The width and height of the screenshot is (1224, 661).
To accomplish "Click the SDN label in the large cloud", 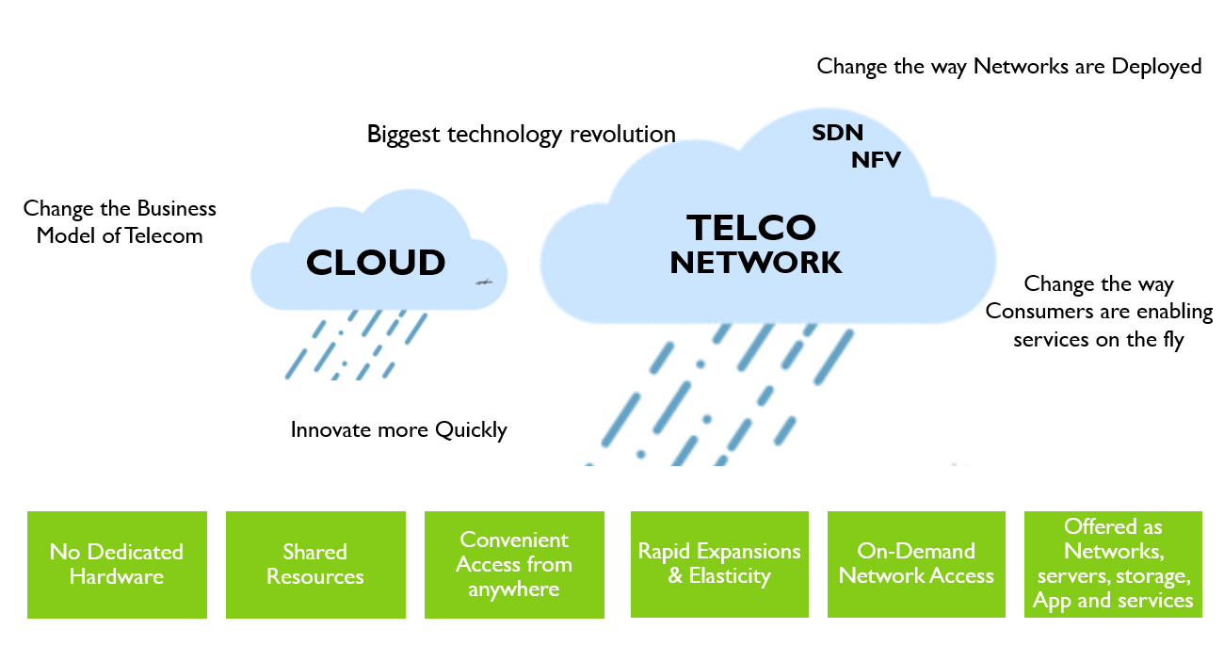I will click(x=837, y=133).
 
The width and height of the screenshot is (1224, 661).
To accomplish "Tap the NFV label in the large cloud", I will click(x=876, y=160).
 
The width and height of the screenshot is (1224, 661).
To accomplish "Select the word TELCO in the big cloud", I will click(x=751, y=228).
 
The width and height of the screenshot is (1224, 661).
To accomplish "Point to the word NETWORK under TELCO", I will click(x=755, y=263).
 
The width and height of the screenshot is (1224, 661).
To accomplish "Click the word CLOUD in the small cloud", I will click(x=376, y=263).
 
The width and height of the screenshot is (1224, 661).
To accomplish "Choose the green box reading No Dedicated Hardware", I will click(x=117, y=564).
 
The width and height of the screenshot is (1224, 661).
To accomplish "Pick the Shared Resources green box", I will click(x=315, y=564).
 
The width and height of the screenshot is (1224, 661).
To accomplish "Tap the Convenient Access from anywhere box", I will click(x=514, y=564).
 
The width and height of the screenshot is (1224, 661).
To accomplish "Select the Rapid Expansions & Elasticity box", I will click(x=719, y=564).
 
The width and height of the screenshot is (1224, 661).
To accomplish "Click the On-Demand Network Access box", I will click(x=916, y=564).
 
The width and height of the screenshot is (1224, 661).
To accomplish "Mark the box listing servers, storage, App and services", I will click(x=1113, y=564).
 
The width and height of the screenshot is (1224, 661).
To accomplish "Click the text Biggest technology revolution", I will click(x=521, y=135).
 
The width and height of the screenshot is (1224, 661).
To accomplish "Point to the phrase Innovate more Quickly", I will click(x=398, y=430).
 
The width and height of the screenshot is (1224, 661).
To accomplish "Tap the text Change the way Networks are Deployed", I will click(x=1008, y=66).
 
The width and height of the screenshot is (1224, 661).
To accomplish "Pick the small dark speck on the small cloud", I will click(x=483, y=282).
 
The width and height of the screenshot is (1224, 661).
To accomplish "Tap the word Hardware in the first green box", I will click(x=117, y=576).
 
